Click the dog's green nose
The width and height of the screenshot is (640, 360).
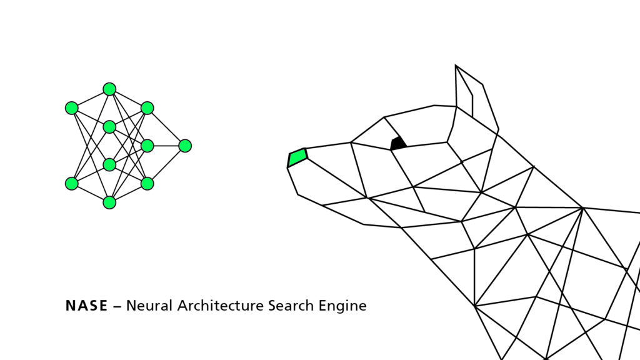click(x=297, y=157)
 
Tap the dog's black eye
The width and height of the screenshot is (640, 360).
click(x=398, y=143)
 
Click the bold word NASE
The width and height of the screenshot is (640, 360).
click(x=86, y=306)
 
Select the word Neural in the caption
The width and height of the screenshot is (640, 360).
click(x=149, y=306)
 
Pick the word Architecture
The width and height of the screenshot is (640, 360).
click(x=221, y=306)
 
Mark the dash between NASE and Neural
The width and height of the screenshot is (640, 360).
click(x=117, y=306)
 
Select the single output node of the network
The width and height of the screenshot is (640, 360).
click(x=185, y=146)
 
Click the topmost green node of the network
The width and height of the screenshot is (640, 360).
click(x=109, y=89)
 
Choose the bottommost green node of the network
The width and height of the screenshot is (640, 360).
click(x=109, y=202)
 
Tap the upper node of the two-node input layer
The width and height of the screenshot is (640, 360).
click(x=72, y=108)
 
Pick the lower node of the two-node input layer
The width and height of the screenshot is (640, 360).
click(x=72, y=184)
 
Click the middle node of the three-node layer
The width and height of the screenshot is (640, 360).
click(x=147, y=146)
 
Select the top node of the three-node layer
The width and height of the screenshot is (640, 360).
click(x=147, y=108)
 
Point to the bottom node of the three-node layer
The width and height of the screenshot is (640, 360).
click(x=147, y=184)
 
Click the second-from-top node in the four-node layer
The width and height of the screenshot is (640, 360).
click(x=109, y=127)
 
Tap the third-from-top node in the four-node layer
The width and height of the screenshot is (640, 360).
click(x=109, y=165)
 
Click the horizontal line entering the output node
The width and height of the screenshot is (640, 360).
click(x=166, y=146)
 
